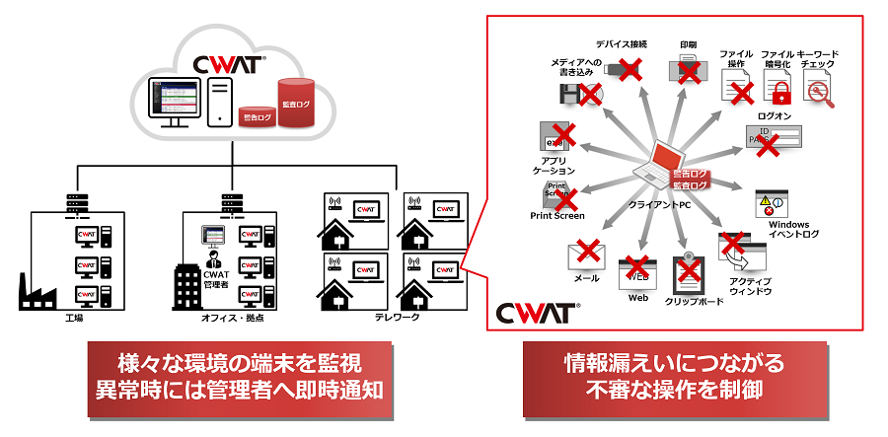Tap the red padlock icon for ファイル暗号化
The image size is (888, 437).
pyautogui.click(x=780, y=93)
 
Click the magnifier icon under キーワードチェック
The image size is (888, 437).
pyautogui.click(x=818, y=92)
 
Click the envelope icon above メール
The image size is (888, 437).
pyautogui.click(x=586, y=255)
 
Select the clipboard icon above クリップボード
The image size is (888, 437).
pyautogui.click(x=687, y=273)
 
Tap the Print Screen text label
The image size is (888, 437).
pyautogui.click(x=557, y=215)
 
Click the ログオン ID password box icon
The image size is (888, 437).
pyautogui.click(x=776, y=138)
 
